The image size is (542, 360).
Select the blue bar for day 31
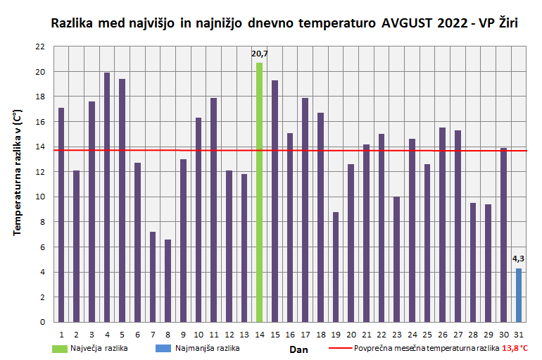tap(519, 295)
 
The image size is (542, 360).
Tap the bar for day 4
tap(107, 197)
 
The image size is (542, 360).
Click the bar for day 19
tap(336, 267)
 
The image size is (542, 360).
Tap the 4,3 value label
tap(519, 259)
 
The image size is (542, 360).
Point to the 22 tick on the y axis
tap(40, 46)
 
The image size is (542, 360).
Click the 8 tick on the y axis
tap(42, 222)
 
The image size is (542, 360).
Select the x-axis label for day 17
tap(305, 334)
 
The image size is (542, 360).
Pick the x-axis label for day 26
tap(442, 334)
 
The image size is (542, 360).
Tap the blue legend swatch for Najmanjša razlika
tap(165, 348)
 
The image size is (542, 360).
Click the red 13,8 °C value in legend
tap(515, 348)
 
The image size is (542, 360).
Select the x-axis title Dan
tap(298, 349)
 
